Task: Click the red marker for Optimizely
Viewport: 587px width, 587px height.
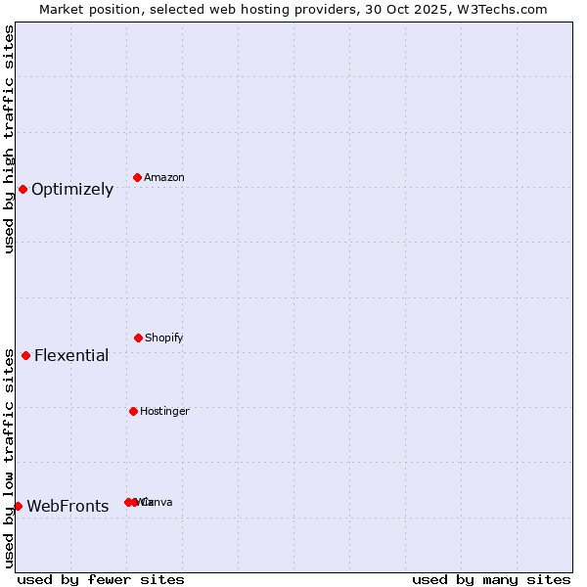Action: [x=23, y=189]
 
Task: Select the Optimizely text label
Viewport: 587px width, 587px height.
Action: [x=72, y=190]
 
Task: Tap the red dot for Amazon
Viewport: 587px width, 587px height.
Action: [x=138, y=177]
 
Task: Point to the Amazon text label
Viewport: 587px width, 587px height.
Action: [x=164, y=178]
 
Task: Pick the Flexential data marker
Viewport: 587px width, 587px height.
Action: [x=26, y=355]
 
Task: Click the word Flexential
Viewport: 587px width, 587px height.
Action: [x=71, y=356]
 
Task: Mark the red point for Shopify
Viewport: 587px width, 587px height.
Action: [x=138, y=338]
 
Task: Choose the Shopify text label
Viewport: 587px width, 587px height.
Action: [x=164, y=339]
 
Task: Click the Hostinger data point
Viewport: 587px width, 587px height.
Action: [x=133, y=411]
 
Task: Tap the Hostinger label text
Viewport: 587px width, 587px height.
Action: [x=164, y=412]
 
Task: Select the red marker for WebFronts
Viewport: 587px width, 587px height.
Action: [x=18, y=506]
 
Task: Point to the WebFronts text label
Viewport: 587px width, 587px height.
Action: [x=68, y=507]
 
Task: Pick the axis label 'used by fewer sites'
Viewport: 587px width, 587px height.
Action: [x=101, y=579]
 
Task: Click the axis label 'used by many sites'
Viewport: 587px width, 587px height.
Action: [x=491, y=579]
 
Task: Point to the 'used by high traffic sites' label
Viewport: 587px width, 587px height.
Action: [x=9, y=139]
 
